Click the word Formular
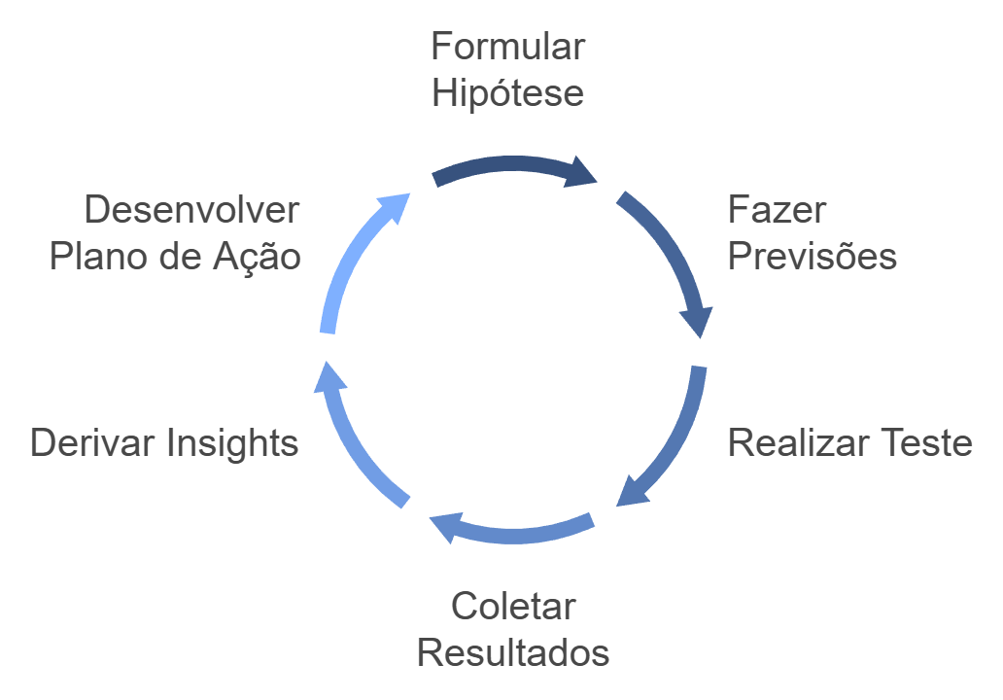pos(507,46)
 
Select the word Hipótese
pos(507,93)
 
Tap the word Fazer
pos(777,209)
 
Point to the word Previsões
pos(812,257)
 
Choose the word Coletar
pos(513,607)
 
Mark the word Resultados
pos(513,652)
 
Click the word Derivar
pos(92,443)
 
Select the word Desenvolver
pos(191,210)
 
